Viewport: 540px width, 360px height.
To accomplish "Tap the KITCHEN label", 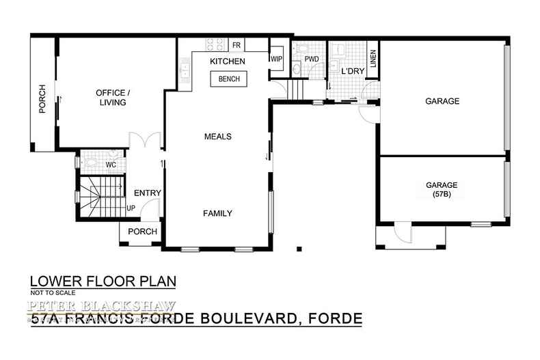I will point(227,62).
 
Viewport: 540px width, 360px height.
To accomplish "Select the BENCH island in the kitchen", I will point(228,79).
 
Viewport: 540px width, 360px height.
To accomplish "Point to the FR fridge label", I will point(237,45).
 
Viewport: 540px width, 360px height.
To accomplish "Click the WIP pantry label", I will point(276,59).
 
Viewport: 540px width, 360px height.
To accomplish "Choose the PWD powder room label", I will point(312,59).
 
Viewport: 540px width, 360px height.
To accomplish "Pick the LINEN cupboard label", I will point(373,60).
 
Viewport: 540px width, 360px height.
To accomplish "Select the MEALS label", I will point(218,137).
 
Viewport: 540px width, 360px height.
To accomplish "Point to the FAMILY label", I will point(218,213).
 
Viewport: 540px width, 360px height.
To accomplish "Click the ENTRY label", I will point(147,193).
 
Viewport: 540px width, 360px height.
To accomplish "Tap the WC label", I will point(111,165).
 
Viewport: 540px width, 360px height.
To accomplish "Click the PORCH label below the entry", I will point(142,232).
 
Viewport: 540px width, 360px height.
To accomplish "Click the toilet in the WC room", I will point(92,164).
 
